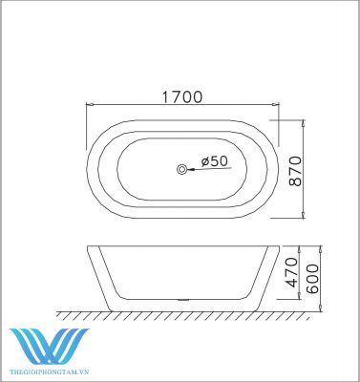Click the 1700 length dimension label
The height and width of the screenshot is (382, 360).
click(182, 97)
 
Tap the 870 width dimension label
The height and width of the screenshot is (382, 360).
click(295, 171)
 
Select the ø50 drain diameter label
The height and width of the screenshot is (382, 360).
click(215, 161)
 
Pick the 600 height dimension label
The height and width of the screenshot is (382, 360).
click(312, 279)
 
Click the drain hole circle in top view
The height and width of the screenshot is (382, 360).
click(182, 169)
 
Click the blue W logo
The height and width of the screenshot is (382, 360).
click(50, 347)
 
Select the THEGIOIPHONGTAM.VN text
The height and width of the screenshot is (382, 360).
click(50, 371)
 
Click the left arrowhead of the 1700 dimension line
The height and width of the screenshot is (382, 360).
click(90, 104)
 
